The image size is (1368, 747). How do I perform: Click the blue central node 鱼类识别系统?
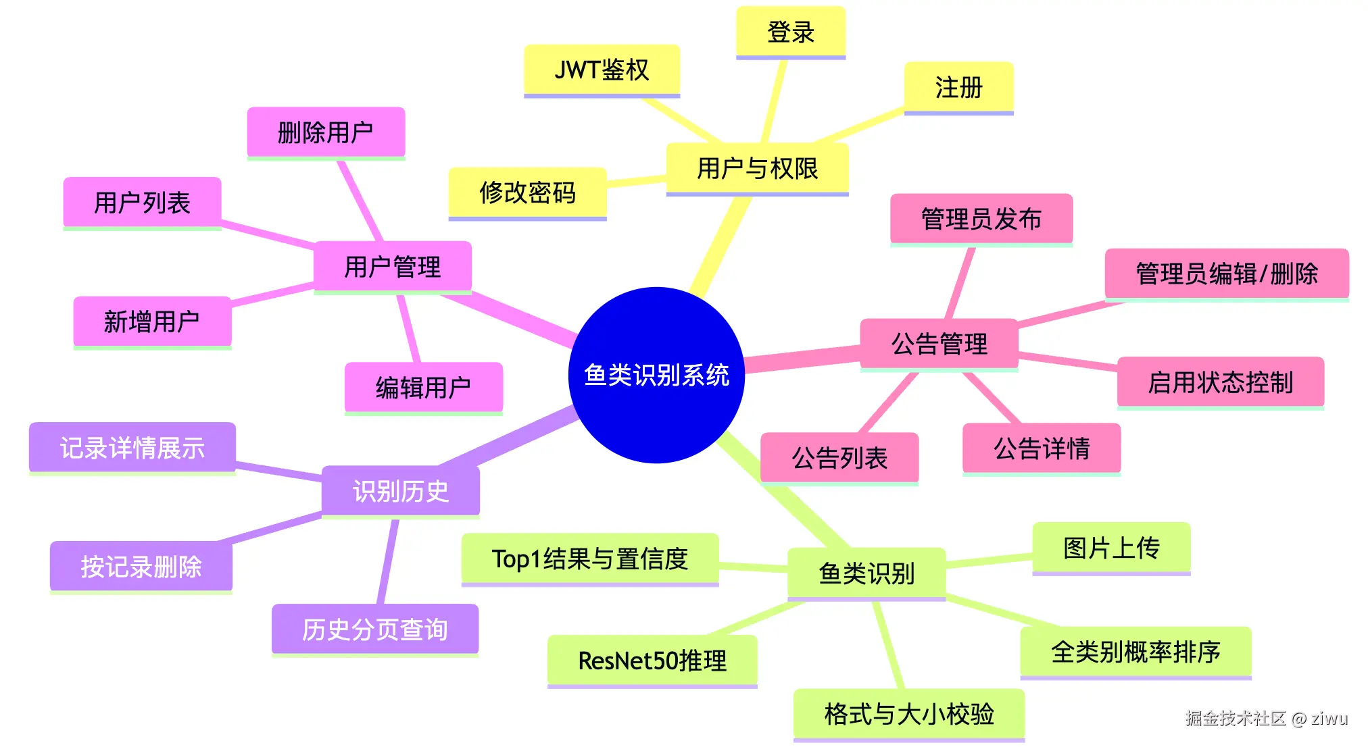[x=656, y=375]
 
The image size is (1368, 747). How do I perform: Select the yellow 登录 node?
[x=790, y=32]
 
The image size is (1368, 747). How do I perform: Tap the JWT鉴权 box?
[x=602, y=70]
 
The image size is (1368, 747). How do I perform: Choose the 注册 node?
[x=958, y=87]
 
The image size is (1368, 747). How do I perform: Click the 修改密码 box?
[x=527, y=192]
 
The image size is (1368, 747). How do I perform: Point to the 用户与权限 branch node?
[x=757, y=168]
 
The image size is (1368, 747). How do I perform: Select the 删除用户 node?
[x=325, y=132]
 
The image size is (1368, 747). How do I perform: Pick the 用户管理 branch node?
[x=392, y=267]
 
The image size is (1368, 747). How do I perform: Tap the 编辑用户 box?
[x=423, y=388]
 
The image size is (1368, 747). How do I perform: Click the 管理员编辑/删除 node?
[x=1226, y=274]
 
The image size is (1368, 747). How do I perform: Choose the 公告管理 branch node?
[x=939, y=344]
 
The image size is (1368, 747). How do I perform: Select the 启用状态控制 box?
[x=1220, y=382]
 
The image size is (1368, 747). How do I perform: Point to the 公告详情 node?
[x=1041, y=448]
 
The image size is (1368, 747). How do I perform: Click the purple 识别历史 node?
[x=400, y=491]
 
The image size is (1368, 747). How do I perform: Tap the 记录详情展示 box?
[x=132, y=448]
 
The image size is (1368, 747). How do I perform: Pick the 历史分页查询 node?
[x=374, y=629]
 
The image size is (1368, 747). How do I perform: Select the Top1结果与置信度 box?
[x=589, y=559]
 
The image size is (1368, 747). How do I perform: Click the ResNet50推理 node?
[x=652, y=661]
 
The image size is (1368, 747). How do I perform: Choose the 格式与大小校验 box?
[x=908, y=714]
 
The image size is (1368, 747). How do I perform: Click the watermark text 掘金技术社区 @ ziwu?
[x=1266, y=718]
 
